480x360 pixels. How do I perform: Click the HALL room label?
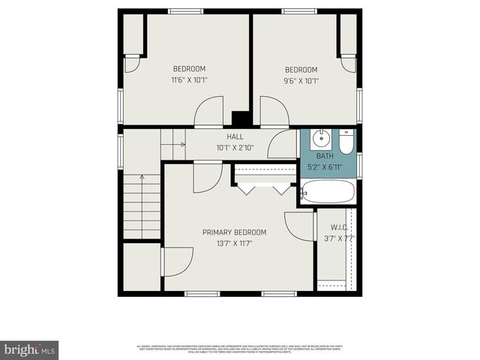(235, 137)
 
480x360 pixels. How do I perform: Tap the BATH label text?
(325, 156)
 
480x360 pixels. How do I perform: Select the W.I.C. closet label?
(339, 227)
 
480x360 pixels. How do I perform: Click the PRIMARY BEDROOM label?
(234, 232)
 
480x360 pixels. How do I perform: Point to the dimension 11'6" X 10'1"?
(189, 79)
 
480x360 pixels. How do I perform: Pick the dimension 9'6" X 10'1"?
(301, 81)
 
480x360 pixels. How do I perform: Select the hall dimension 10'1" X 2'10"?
(235, 148)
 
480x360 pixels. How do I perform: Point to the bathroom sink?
(321, 138)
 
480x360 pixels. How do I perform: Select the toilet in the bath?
(345, 141)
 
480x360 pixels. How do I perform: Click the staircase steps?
(142, 206)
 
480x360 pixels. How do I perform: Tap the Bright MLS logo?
(30, 349)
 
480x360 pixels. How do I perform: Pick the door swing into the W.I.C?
(299, 226)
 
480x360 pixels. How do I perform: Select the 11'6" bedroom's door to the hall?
(208, 112)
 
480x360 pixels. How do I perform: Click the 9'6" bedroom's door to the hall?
(274, 112)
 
